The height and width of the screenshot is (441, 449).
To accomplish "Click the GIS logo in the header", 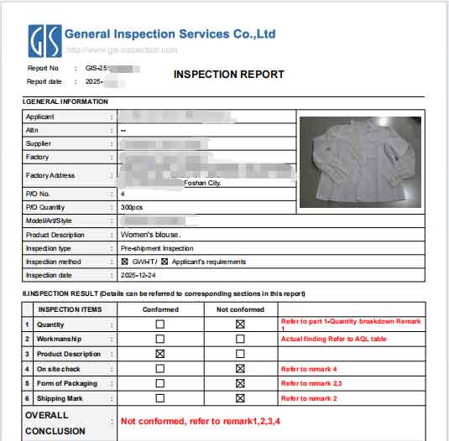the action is (x=43, y=40).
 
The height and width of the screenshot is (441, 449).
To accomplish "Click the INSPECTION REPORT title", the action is (x=228, y=75).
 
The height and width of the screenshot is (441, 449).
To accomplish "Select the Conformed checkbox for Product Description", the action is (x=159, y=354).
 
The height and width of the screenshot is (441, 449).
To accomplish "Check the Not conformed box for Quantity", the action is (x=240, y=324).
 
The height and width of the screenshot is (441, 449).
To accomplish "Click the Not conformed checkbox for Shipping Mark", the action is (x=240, y=398).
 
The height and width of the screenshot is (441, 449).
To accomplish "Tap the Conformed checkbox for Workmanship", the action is (x=159, y=339).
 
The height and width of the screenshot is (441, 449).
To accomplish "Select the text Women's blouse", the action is (x=150, y=235).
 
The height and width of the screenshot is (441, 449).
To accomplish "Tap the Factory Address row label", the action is (x=50, y=175).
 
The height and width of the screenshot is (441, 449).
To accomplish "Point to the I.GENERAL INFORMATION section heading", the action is (x=65, y=102).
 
